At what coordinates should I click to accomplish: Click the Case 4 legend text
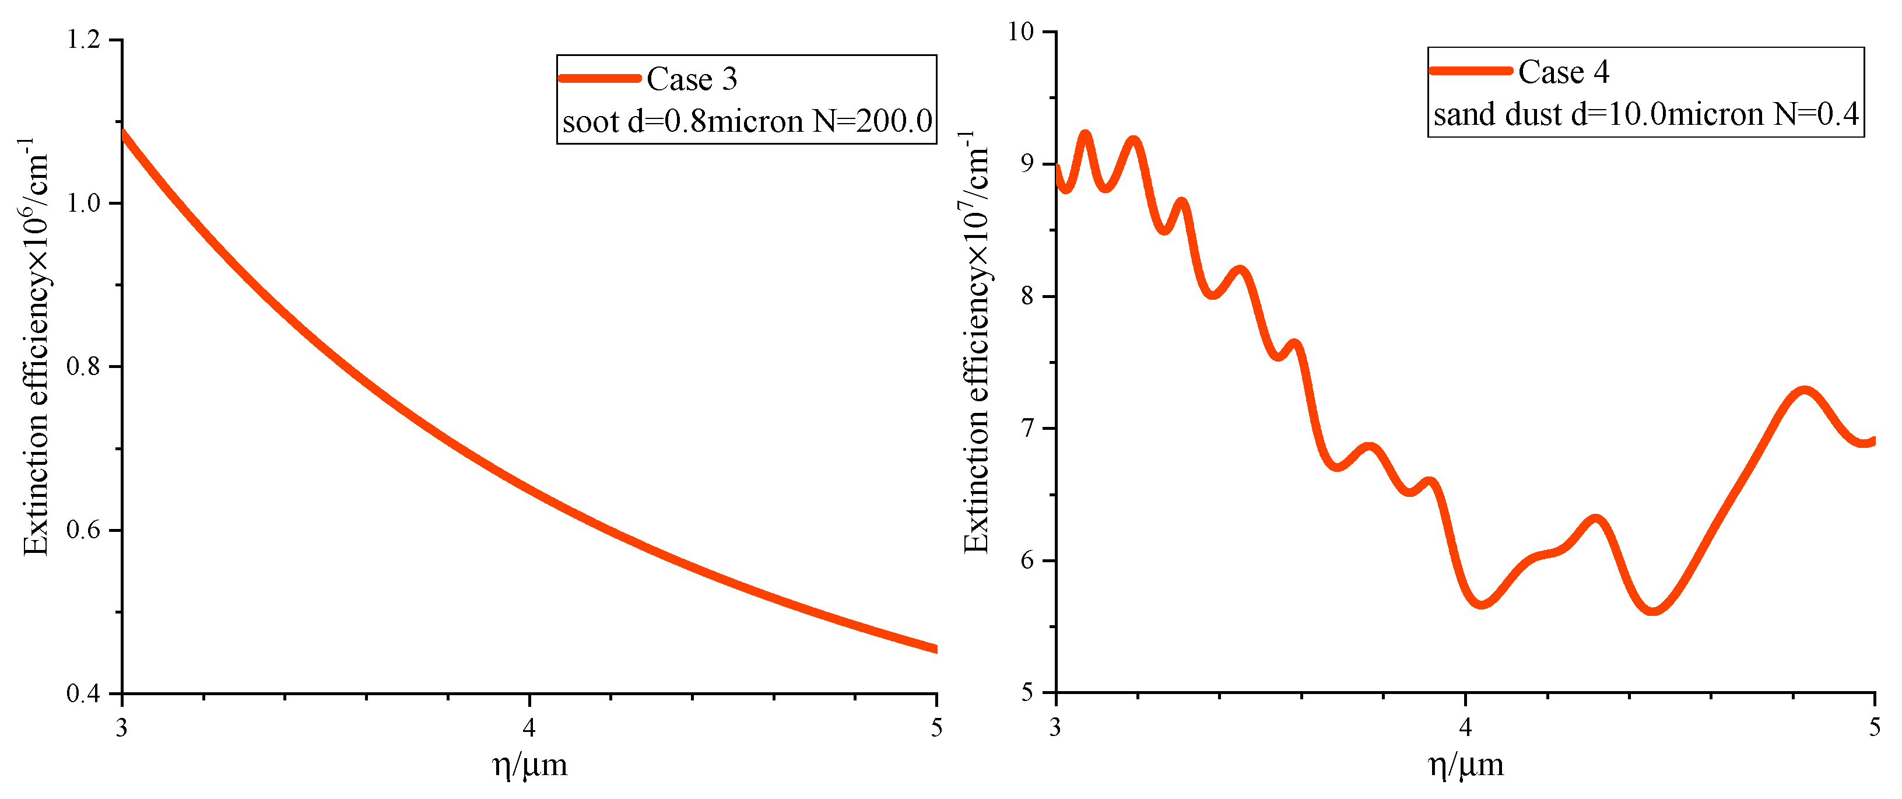[1563, 72]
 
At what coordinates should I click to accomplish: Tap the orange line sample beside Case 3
[599, 78]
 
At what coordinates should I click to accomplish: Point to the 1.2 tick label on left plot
[83, 39]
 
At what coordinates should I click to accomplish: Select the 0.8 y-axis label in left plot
[83, 366]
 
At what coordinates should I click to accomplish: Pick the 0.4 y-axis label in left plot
[83, 693]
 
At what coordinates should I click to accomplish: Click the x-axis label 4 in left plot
[529, 728]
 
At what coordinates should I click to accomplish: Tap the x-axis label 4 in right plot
[1465, 727]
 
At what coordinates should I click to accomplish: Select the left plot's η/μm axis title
[529, 765]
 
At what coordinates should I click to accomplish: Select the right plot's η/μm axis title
[1466, 765]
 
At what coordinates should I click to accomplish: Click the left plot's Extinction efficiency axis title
[36, 347]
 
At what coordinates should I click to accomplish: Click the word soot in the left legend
[590, 122]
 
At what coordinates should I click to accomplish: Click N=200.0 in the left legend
[872, 122]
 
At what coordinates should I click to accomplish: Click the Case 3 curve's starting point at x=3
[122, 132]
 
